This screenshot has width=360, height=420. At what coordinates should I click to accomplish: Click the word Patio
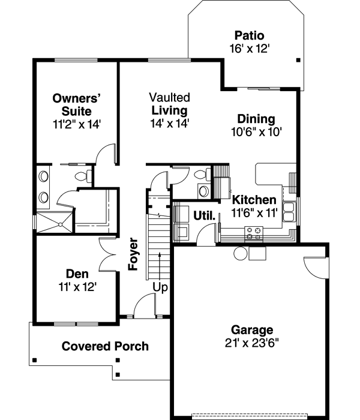tap(249, 35)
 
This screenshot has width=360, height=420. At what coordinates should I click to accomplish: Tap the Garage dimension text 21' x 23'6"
tap(252, 343)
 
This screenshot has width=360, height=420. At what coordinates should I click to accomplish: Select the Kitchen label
tap(254, 200)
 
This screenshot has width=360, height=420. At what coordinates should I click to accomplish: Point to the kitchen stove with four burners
tap(254, 233)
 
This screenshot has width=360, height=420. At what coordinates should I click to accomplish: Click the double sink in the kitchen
tap(289, 211)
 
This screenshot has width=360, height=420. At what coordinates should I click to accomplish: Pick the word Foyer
tap(133, 255)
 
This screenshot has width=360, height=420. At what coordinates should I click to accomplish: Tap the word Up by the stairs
tap(160, 287)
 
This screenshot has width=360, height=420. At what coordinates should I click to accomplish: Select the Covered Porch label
tap(105, 346)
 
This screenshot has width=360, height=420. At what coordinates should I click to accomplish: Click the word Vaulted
tap(170, 97)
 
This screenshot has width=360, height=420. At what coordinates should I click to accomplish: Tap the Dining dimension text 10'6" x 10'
tap(256, 131)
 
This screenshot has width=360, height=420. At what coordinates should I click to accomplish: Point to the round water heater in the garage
tap(241, 254)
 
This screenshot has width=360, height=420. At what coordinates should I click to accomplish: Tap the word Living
tap(169, 110)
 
